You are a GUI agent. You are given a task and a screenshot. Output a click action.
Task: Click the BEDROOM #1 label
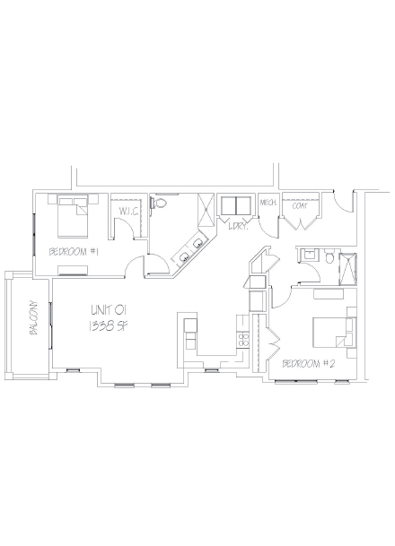[73, 252]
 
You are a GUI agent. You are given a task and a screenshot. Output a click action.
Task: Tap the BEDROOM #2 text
[307, 363]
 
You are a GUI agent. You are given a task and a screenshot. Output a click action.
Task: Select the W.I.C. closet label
[126, 212]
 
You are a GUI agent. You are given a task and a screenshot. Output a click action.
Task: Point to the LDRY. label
[237, 228]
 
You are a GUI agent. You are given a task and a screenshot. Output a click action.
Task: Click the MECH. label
[268, 203]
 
